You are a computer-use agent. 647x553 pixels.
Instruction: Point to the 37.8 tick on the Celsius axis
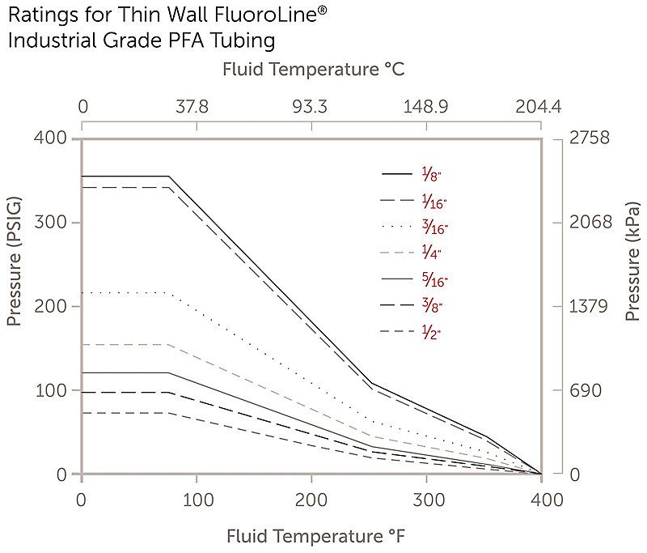[192, 108]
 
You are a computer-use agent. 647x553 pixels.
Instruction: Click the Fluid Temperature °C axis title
[313, 70]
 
